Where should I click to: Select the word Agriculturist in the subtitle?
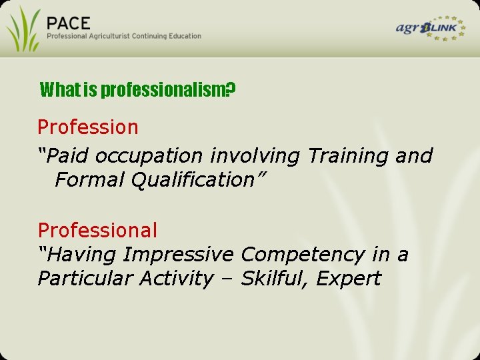tap(115, 36)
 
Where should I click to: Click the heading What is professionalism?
tap(137, 89)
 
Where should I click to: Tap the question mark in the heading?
tap(230, 89)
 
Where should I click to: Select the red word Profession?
tap(88, 127)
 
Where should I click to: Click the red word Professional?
tap(97, 231)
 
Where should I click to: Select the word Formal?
tap(89, 180)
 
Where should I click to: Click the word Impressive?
tap(179, 255)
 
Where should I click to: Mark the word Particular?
tap(85, 279)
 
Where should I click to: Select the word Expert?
tap(348, 279)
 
